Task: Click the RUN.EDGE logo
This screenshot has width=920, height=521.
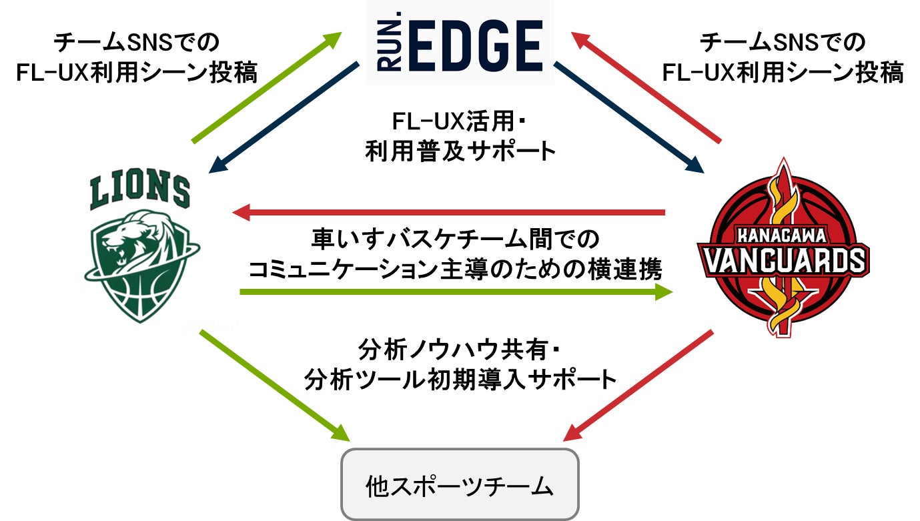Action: coord(460,42)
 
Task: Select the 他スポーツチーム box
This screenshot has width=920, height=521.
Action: coord(460,485)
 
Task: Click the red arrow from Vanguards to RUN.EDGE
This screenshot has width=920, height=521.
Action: coord(647,88)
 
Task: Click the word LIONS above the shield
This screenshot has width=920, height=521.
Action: coord(140,189)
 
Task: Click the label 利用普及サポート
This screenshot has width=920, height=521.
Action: coord(460,151)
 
